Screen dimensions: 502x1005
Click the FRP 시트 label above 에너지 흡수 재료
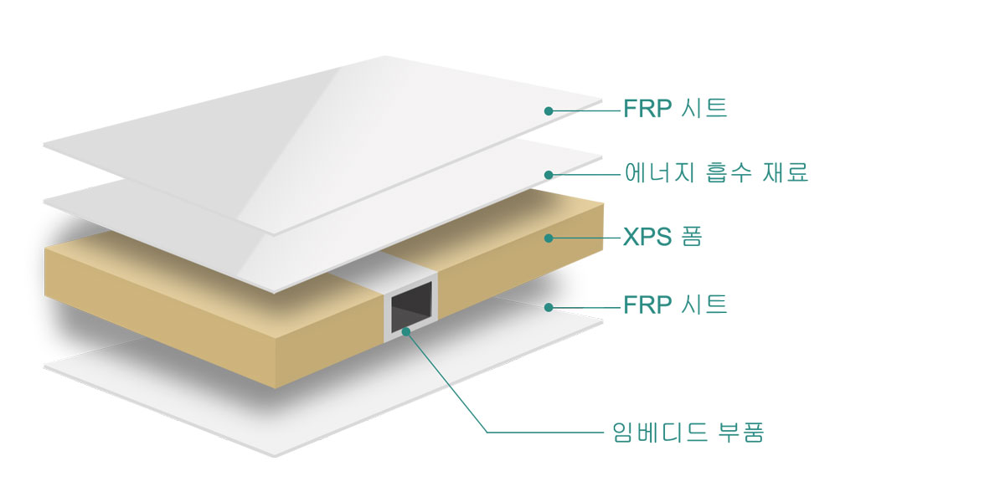[x=675, y=109]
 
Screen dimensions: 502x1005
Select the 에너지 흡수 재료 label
[x=716, y=173]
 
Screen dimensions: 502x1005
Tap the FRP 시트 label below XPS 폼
[x=675, y=305]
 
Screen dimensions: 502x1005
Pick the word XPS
[x=647, y=238]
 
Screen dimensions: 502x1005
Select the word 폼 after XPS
[x=691, y=238]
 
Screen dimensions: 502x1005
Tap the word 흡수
[x=723, y=173]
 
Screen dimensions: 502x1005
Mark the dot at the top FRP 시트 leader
[x=549, y=110]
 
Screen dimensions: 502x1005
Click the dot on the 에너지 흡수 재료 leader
[x=549, y=175]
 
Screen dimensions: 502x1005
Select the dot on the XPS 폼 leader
[x=549, y=238]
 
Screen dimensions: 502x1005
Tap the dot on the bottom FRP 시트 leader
[x=549, y=307]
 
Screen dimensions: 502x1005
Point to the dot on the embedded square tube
[x=406, y=331]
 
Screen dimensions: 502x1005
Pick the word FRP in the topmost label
[x=647, y=109]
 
